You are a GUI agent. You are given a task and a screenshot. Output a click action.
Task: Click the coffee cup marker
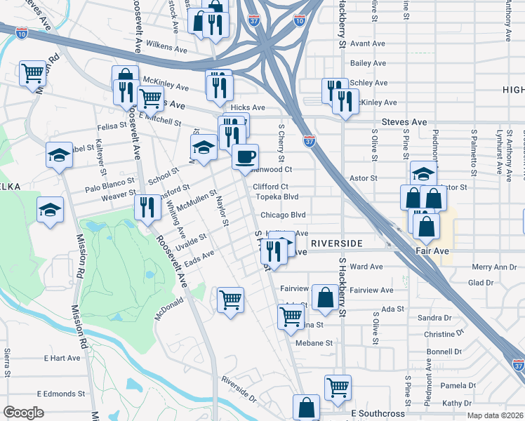point(245,157)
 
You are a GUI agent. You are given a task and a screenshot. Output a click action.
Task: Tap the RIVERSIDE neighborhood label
point(336,243)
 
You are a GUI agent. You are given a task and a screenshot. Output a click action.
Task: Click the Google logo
point(23,413)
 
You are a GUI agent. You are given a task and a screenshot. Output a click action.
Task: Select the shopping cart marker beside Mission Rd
point(32,72)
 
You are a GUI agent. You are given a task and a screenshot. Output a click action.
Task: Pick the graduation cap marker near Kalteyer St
point(60,156)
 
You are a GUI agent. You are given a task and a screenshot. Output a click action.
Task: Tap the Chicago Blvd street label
point(284,215)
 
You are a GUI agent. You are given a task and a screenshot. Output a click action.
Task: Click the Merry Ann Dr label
point(494,267)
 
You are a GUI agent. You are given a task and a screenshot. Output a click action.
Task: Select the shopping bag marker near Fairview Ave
point(325,298)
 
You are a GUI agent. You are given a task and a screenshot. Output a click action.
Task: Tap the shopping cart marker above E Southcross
point(338,387)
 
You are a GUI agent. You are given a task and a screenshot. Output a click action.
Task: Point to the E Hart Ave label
point(62,358)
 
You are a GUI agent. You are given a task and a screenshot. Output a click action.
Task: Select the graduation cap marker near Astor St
point(423,173)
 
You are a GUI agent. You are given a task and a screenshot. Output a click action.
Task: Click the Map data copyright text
point(495,415)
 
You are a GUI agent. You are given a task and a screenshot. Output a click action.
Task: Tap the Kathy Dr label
point(457,403)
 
